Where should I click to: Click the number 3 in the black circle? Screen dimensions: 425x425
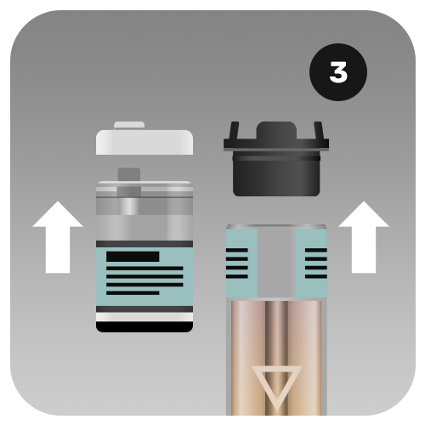pyautogui.click(x=338, y=72)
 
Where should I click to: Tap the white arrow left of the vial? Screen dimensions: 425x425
pyautogui.click(x=58, y=237)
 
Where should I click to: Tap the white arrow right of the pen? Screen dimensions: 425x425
pyautogui.click(x=364, y=237)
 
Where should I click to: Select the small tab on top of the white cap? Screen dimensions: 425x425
pyautogui.click(x=129, y=126)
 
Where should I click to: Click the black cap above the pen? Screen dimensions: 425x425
pyautogui.click(x=276, y=159)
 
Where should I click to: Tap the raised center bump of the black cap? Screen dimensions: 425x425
pyautogui.click(x=276, y=130)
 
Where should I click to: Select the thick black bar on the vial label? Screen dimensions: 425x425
pyautogui.click(x=133, y=257)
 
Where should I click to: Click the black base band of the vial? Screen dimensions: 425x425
pyautogui.click(x=144, y=327)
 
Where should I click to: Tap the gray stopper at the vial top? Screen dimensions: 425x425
pyautogui.click(x=129, y=181)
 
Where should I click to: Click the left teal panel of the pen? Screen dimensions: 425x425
pyautogui.click(x=241, y=263)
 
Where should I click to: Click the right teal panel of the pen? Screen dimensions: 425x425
pyautogui.click(x=311, y=263)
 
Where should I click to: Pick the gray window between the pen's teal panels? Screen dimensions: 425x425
pyautogui.click(x=276, y=263)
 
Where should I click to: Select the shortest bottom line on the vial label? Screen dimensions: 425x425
pyautogui.click(x=133, y=293)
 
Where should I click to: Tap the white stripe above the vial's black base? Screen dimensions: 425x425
pyautogui.click(x=144, y=317)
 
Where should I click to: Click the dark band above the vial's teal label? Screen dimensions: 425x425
pyautogui.click(x=144, y=244)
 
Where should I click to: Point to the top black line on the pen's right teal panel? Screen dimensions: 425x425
pyautogui.click(x=316, y=250)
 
